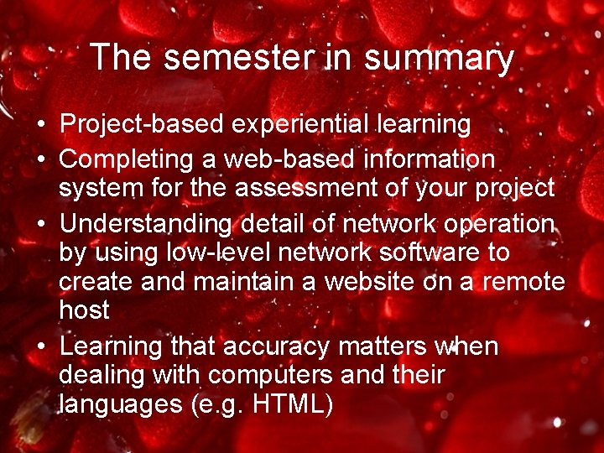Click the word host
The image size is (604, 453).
(x=84, y=310)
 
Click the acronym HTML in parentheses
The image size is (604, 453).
(x=293, y=404)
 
